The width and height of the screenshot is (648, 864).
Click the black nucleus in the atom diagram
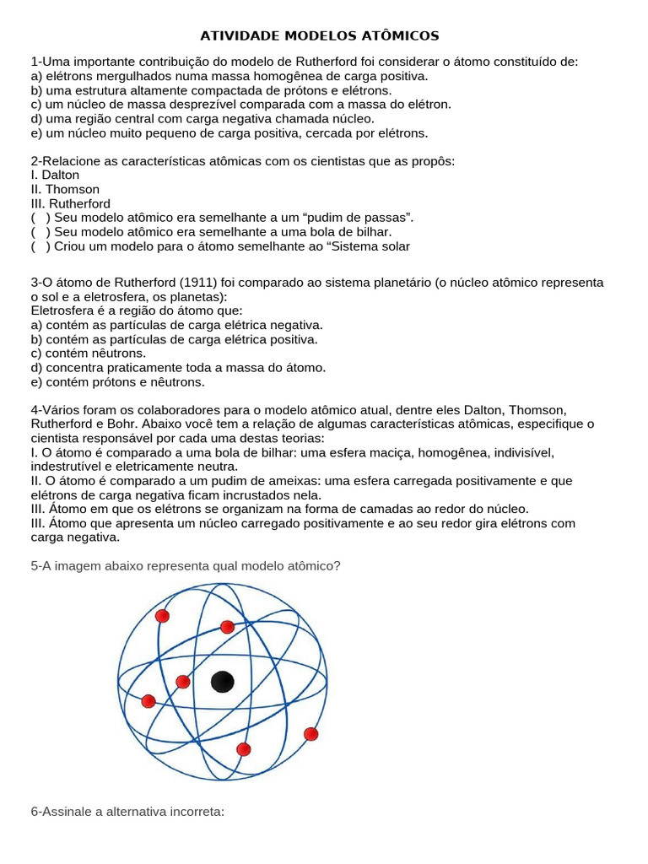(222, 681)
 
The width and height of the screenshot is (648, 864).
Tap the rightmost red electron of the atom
(310, 733)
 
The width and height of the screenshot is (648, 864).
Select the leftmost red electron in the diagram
(148, 701)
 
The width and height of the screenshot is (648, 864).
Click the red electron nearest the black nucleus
(183, 681)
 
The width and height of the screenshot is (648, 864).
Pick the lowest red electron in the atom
(244, 749)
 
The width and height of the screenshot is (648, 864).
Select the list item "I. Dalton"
(55, 175)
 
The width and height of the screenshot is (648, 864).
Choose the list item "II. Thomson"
(65, 189)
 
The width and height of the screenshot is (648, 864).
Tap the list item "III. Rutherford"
(70, 203)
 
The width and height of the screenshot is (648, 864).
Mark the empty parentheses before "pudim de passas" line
(40, 218)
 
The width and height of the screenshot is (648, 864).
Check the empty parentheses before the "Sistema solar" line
(40, 246)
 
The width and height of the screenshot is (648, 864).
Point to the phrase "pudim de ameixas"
(243, 481)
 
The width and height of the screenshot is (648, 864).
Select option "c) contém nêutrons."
(88, 354)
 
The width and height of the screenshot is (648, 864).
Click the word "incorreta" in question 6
(196, 812)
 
